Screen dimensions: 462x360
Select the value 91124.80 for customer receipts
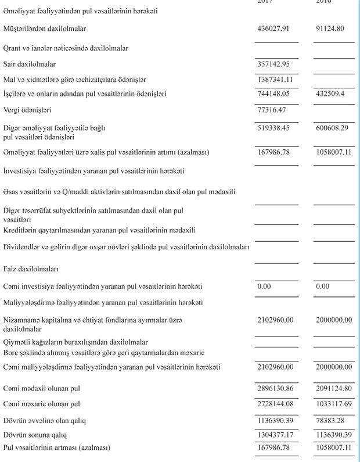pyautogui.click(x=332, y=28)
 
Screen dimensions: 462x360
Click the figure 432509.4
pyautogui.click(x=330, y=93)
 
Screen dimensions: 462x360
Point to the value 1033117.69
pyautogui.click(x=334, y=403)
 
